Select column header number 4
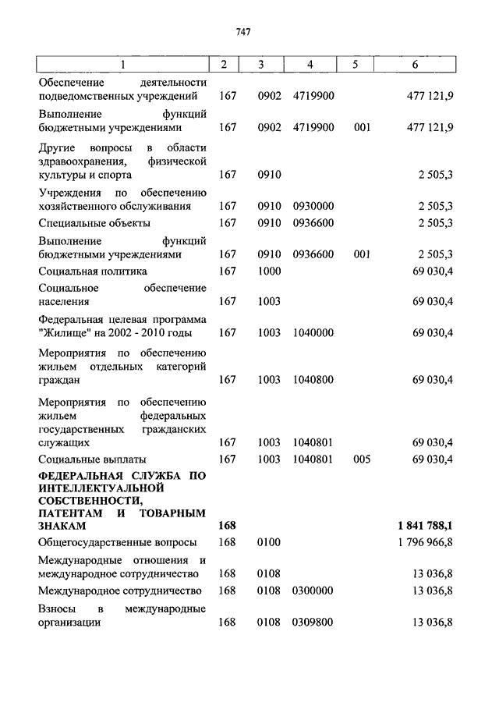tap(310, 64)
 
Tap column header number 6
tap(424, 64)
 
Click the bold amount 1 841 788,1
tap(426, 526)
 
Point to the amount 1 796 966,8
tap(425, 541)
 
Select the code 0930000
tap(313, 207)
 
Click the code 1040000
tap(313, 333)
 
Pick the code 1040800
tap(313, 380)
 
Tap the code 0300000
tap(313, 591)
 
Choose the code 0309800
tap(313, 623)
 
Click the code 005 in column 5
tap(361, 459)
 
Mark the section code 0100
tap(269, 541)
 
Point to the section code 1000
tap(269, 271)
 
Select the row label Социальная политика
tap(93, 271)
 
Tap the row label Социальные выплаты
tap(92, 459)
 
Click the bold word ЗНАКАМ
tap(62, 527)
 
